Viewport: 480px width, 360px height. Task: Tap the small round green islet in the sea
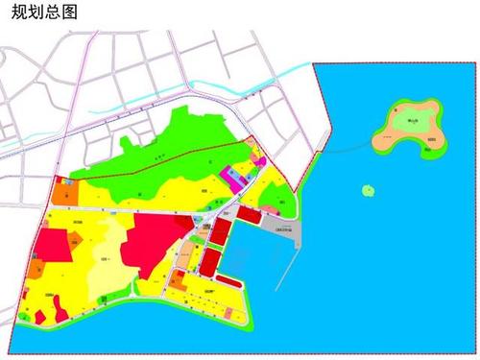(x=367, y=190)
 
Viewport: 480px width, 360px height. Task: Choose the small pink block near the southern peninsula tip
(x=228, y=312)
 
